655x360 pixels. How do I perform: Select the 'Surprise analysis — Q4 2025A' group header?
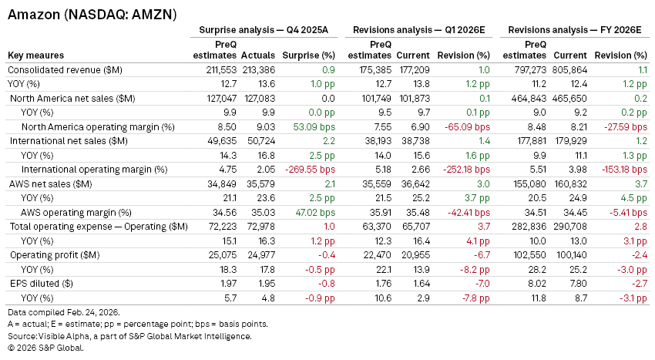point(264,30)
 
